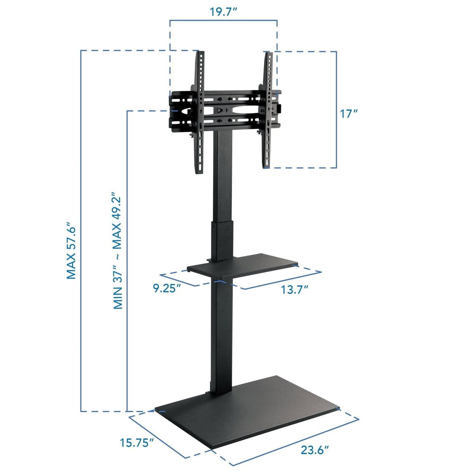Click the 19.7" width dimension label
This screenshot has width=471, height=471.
pyautogui.click(x=223, y=11)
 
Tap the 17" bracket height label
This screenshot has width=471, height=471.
pyautogui.click(x=348, y=114)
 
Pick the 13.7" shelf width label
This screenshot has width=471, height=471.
pyautogui.click(x=294, y=289)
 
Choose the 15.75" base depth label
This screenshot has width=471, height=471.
pyautogui.click(x=137, y=443)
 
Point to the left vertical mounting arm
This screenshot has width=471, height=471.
pyautogui.click(x=200, y=113)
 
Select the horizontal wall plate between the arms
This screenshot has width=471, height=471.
pyautogui.click(x=233, y=111)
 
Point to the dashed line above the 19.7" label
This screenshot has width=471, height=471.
pyautogui.click(x=223, y=21)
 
